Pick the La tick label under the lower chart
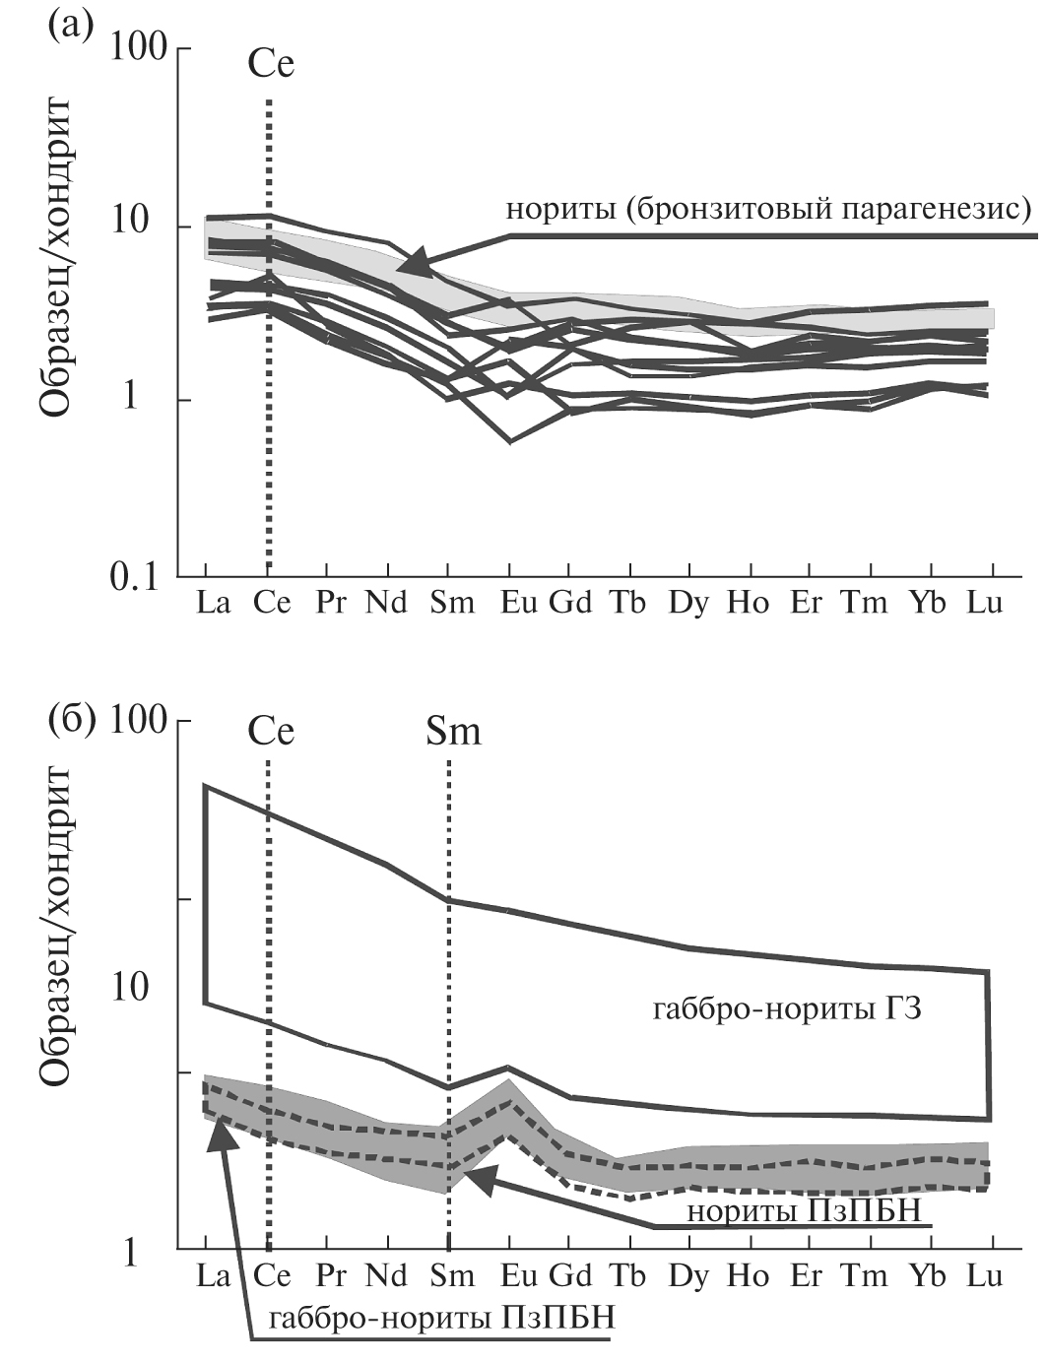212,1276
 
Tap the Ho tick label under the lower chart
749,1276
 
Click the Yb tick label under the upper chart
927,603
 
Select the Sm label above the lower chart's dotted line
453,732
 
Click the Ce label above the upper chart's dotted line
271,65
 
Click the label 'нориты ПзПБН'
803,1210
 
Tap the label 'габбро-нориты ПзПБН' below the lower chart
442,1318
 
